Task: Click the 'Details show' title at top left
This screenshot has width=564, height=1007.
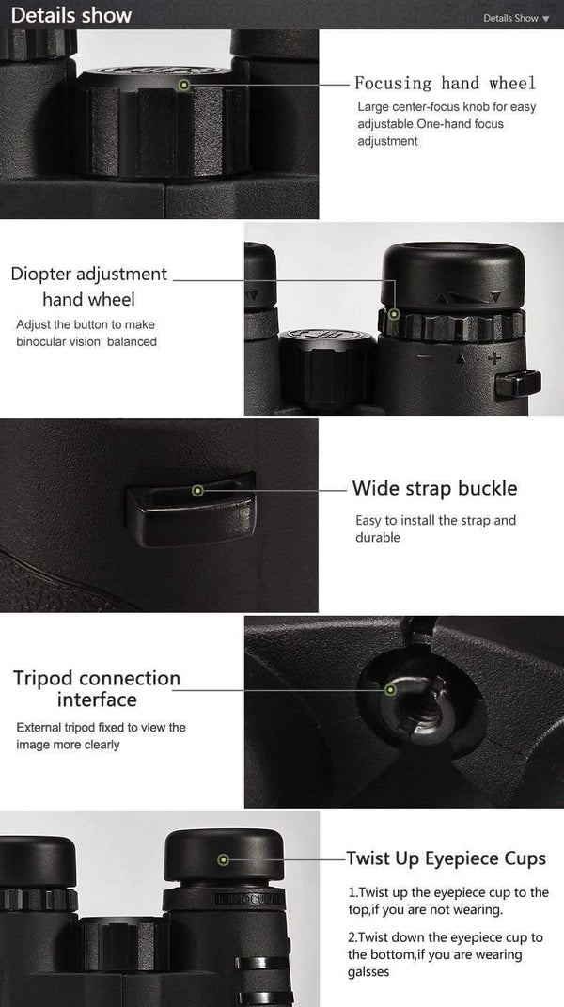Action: (71, 16)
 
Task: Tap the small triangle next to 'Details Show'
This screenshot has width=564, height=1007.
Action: (546, 19)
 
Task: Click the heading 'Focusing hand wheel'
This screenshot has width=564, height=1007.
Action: (445, 84)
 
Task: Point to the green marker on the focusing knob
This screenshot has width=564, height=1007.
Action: (184, 85)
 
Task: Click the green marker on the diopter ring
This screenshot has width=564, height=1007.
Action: (394, 314)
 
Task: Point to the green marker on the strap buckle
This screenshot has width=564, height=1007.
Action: (197, 490)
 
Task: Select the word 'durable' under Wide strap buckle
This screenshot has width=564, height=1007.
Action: (378, 538)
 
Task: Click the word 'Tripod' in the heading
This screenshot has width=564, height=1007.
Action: (43, 679)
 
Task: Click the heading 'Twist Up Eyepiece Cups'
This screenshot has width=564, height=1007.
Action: (446, 858)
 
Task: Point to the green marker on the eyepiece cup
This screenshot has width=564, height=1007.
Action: (223, 859)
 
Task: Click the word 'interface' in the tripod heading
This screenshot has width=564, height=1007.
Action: (97, 700)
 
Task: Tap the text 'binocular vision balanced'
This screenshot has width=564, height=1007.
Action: (86, 341)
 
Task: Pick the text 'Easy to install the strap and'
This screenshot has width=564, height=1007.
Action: (435, 520)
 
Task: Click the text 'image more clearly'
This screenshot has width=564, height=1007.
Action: (69, 745)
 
